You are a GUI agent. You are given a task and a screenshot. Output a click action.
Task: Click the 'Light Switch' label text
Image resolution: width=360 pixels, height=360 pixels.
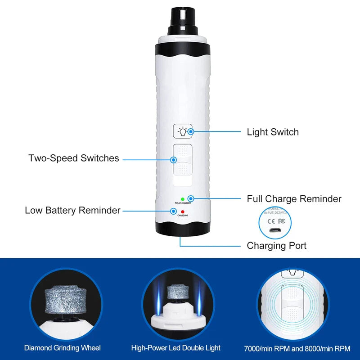pyautogui.click(x=273, y=132)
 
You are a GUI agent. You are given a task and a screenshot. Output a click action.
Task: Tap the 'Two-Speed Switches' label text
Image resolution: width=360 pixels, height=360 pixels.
pyautogui.click(x=74, y=158)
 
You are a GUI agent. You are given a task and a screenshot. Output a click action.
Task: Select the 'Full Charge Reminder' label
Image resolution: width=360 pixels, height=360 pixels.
pyautogui.click(x=294, y=198)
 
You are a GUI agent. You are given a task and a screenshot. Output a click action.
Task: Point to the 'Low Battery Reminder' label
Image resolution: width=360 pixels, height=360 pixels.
pyautogui.click(x=72, y=210)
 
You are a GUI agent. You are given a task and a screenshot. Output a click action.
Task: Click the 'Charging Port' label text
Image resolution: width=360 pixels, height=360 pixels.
pyautogui.click(x=277, y=246)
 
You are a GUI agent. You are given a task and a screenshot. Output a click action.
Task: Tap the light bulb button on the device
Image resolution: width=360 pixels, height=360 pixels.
pyautogui.click(x=183, y=131)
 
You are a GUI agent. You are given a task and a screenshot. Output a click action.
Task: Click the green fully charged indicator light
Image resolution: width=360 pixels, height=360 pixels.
pyautogui.click(x=182, y=199)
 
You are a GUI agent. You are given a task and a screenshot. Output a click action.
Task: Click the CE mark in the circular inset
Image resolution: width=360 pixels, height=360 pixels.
pyautogui.click(x=271, y=221)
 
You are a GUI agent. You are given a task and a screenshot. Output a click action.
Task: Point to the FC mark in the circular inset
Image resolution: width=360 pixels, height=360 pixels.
pyautogui.click(x=282, y=221)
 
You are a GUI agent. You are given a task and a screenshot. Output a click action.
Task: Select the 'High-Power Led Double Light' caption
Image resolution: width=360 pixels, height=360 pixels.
pyautogui.click(x=176, y=347)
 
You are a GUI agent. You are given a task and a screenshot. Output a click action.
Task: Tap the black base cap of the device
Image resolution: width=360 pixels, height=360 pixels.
pyautogui.click(x=182, y=229)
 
